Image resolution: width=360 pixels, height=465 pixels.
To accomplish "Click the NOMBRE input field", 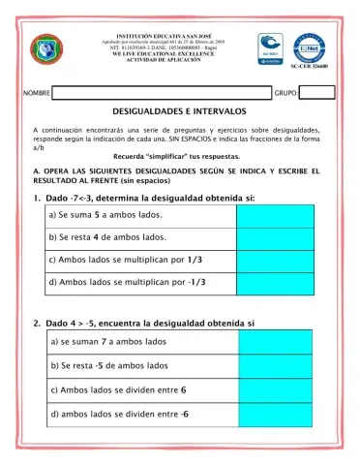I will (x=161, y=93).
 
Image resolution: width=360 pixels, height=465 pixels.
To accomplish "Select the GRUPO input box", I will (x=318, y=93).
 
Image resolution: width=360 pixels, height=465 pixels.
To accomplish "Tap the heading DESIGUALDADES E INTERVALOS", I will (x=179, y=112).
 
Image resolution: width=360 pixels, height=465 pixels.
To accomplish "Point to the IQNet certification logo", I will (x=309, y=44).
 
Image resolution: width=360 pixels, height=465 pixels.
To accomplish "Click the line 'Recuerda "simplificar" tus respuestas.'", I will (x=179, y=155).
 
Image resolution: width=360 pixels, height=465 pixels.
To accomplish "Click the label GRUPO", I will (x=286, y=94).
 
